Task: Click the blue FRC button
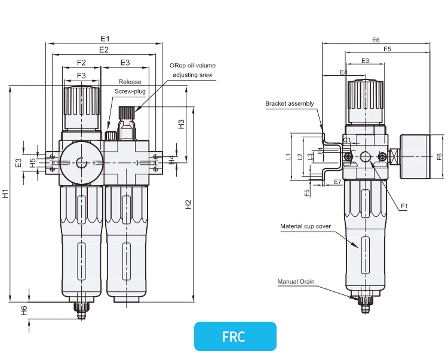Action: pyautogui.click(x=235, y=336)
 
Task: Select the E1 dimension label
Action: pyautogui.click(x=105, y=38)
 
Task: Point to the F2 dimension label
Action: pyautogui.click(x=81, y=62)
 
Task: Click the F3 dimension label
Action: pyautogui.click(x=81, y=75)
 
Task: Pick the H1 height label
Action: pyautogui.click(x=5, y=193)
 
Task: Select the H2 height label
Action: pyautogui.click(x=189, y=205)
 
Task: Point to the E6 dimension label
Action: pyautogui.click(x=376, y=39)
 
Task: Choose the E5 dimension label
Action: pyautogui.click(x=387, y=49)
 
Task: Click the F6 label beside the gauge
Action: pyautogui.click(x=439, y=156)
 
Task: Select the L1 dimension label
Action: pyautogui.click(x=289, y=157)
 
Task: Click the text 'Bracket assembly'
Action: pyautogui.click(x=289, y=104)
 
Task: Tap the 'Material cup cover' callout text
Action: pyautogui.click(x=305, y=226)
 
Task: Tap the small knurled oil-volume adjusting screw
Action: pyautogui.click(x=126, y=112)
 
